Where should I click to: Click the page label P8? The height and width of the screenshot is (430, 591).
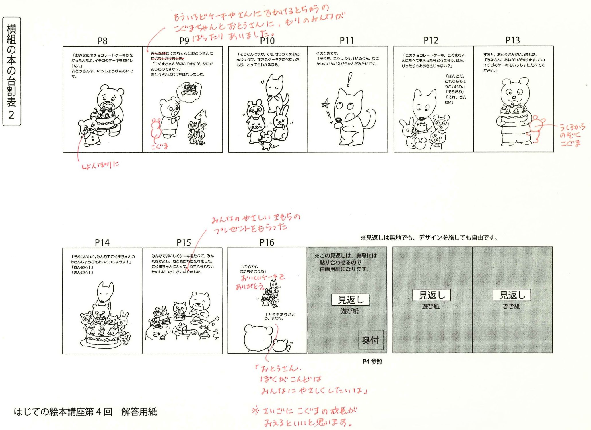click(102, 41)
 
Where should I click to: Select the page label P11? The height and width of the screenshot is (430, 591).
click(347, 41)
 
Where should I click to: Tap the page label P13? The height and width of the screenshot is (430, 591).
click(512, 40)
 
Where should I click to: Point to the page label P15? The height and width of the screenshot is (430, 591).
click(184, 242)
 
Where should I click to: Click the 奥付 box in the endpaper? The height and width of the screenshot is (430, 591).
click(370, 340)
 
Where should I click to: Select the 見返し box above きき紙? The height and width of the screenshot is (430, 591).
click(512, 295)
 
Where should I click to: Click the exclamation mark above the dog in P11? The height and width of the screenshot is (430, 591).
click(349, 79)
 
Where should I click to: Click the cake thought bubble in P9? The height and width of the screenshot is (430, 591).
click(189, 90)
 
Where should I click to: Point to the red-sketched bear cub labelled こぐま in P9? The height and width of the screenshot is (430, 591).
click(156, 129)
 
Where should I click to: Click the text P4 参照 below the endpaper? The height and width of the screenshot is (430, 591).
click(372, 362)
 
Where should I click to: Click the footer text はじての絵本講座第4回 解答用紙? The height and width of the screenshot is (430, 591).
click(85, 412)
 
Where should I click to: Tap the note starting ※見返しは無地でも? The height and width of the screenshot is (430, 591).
click(429, 238)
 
